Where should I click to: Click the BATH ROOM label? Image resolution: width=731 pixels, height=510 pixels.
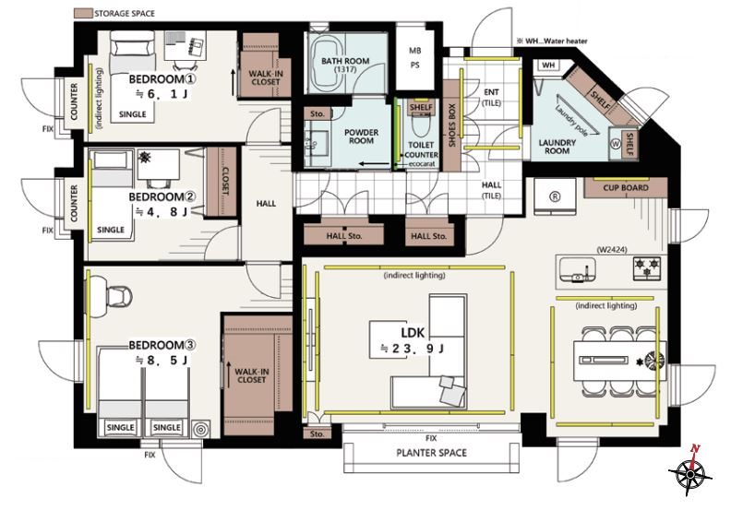coord(345,61)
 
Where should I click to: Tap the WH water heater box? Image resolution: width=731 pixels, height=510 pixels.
coord(548,65)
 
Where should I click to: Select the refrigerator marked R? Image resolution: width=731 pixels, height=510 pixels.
coord(555,196)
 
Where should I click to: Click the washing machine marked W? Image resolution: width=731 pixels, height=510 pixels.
coord(616,144)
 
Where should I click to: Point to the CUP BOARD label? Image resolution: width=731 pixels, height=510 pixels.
coord(626,188)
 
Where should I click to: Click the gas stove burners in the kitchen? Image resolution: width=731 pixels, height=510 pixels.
coord(647,267)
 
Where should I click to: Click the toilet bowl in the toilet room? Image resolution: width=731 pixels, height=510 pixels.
coord(421,125)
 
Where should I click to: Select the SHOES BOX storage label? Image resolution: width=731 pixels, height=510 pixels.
coord(451,125)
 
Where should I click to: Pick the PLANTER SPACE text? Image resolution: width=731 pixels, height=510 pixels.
coord(431,453)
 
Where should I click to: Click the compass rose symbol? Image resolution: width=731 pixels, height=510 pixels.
coord(690,473)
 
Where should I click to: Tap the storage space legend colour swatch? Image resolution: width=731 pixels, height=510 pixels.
coord(83,13)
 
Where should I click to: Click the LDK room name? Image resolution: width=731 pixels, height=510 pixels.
coord(413,332)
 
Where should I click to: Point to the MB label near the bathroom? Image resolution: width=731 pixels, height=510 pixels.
coord(415,51)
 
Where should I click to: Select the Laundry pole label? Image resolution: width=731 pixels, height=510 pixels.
coord(571,120)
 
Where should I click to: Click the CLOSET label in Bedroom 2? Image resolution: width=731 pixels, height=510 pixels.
coord(224,181)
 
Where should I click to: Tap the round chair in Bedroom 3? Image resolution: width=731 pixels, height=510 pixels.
coord(119,297)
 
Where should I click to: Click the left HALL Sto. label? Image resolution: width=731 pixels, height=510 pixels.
coord(344,236)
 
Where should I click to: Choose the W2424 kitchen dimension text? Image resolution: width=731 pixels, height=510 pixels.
coord(612,250)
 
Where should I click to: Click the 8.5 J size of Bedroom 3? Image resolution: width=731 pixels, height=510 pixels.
coord(162,360)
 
